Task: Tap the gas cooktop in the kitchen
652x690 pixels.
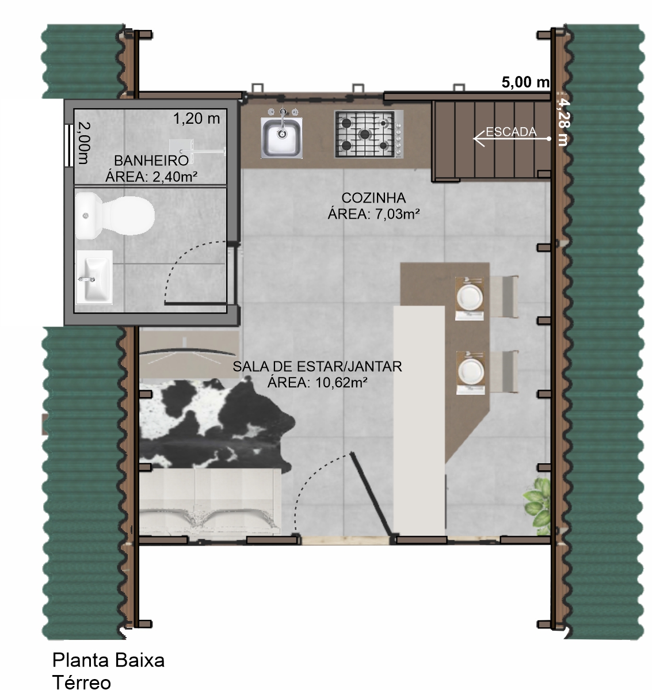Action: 369,134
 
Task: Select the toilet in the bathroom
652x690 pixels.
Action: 115,216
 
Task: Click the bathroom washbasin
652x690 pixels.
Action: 94,277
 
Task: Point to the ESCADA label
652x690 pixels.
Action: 511,132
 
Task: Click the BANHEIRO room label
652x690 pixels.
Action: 151,160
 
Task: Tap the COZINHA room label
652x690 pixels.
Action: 373,197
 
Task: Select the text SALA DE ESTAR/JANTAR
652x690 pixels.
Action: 317,366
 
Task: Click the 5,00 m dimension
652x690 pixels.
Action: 526,82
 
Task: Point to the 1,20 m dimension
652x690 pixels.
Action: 196,118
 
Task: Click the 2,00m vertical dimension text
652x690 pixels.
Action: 83,143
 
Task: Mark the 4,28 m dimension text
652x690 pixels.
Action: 563,121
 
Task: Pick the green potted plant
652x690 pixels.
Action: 537,505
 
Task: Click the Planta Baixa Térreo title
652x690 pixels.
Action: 108,670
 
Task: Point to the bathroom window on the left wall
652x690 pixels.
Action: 68,146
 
